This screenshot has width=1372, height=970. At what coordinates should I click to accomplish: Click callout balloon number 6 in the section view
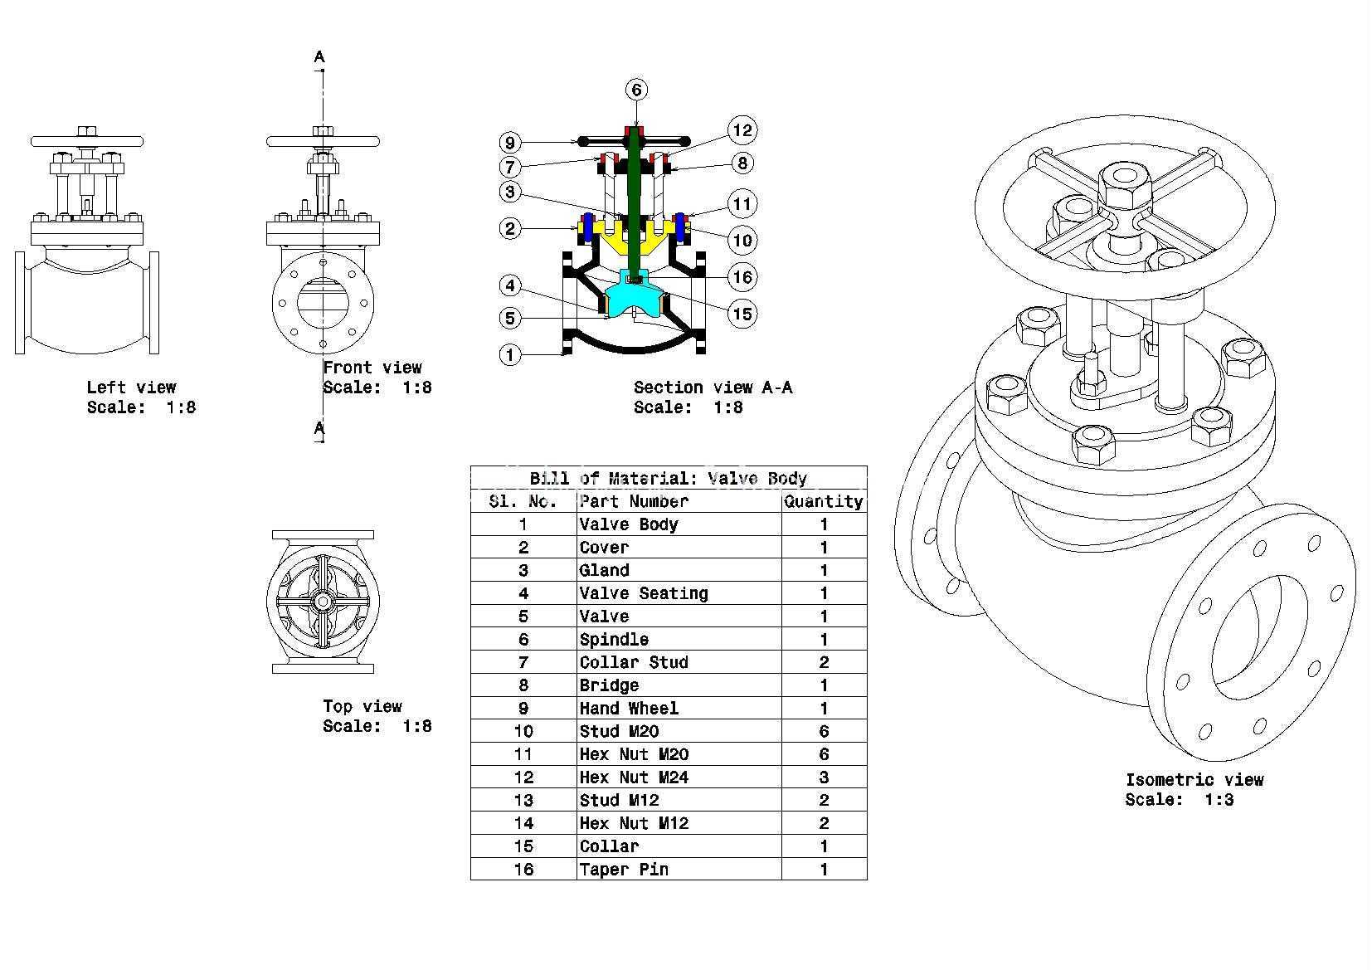(636, 90)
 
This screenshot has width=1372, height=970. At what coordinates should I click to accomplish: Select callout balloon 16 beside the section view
(742, 277)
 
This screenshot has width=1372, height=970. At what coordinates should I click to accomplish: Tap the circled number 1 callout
(509, 355)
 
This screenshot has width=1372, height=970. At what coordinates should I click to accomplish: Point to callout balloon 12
(742, 130)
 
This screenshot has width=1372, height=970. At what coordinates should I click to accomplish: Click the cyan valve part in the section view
(635, 296)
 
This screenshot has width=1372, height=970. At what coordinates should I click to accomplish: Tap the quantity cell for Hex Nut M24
(824, 777)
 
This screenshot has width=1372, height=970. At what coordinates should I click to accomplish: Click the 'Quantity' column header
(824, 501)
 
